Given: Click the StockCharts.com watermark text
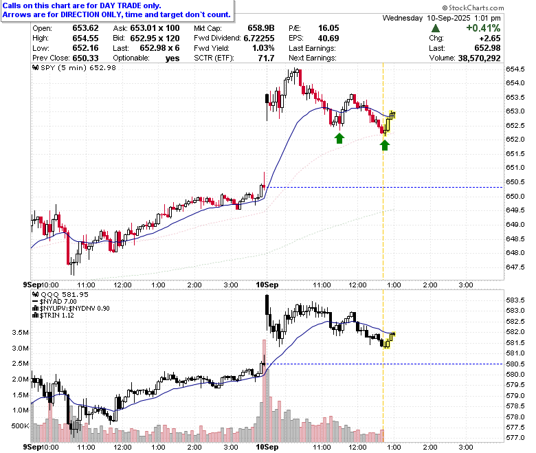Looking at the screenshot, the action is point(473,8).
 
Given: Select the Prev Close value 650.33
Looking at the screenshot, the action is point(85,58).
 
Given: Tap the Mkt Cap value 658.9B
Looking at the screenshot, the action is point(261,28).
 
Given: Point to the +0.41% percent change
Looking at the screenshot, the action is point(483,28).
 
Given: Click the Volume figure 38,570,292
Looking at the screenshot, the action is point(479,58).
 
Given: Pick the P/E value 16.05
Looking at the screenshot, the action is point(328,28).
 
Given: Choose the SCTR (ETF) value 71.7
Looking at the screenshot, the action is point(266,58).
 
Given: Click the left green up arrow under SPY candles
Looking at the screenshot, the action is point(339,138).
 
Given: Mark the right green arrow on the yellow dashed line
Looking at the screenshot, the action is point(385,145).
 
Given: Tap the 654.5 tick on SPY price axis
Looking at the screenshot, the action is point(515,69).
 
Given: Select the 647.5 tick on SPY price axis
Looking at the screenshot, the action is point(515,267).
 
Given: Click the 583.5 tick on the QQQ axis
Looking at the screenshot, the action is point(515,300).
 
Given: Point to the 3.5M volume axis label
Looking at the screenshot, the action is point(21,332).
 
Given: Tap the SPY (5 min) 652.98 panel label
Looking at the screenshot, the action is point(74,67).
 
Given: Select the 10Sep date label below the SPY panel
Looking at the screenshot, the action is point(267,285).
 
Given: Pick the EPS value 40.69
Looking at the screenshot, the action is point(328,38).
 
